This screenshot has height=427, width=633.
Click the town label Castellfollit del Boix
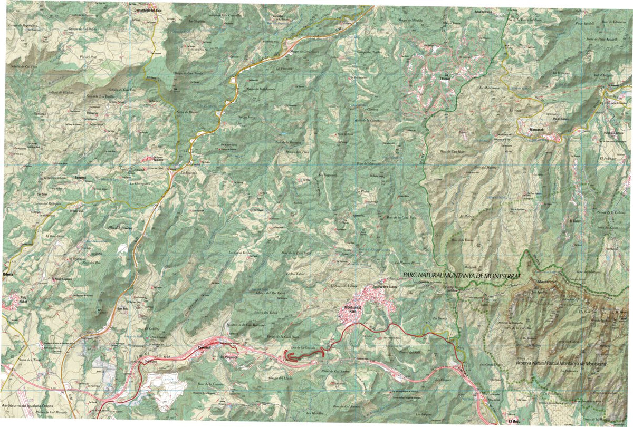pyautogui.click(x=147, y=10)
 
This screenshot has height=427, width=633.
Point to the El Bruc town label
pyautogui.click(x=515, y=421)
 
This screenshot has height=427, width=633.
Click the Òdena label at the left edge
pyautogui.click(x=7, y=275)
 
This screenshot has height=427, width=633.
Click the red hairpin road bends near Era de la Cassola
pyautogui.click(x=298, y=357)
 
